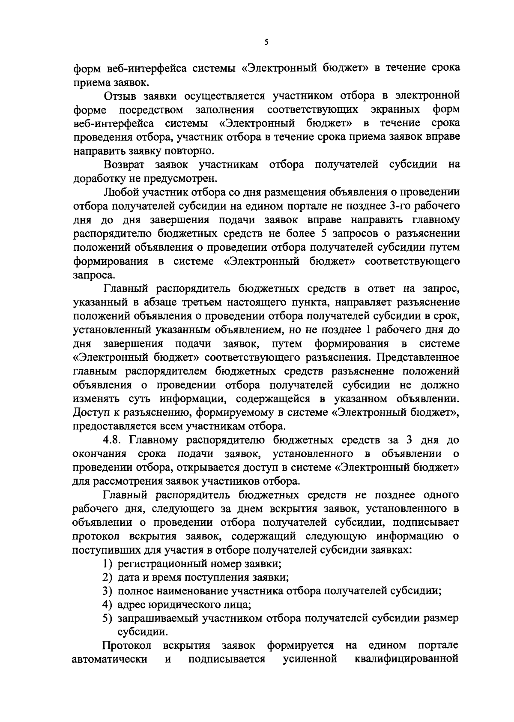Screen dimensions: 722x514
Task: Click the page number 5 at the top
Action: pos(266,42)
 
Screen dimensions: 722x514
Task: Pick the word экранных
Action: pos(397,109)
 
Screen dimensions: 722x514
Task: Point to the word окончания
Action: pos(100,454)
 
